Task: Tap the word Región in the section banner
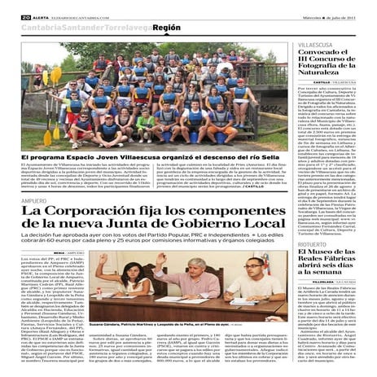pyautogui.click(x=166, y=27)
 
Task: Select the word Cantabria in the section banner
pyautogui.click(x=32, y=27)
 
